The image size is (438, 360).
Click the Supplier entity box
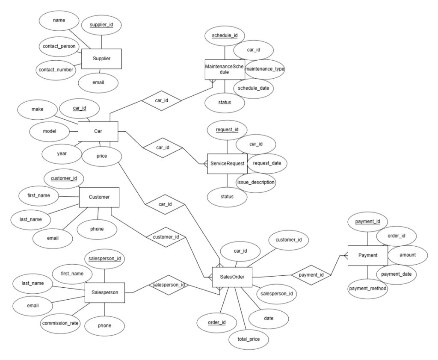click(x=101, y=59)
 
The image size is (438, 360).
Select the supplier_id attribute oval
click(x=101, y=26)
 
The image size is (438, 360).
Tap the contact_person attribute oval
click(x=59, y=46)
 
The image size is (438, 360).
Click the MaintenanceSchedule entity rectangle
click(x=225, y=69)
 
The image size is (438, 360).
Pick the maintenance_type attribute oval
click(x=265, y=68)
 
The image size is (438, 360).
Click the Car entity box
click(x=98, y=131)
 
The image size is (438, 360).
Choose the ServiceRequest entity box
click(x=227, y=163)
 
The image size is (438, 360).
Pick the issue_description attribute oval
click(x=256, y=182)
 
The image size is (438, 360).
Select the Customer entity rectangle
click(x=99, y=197)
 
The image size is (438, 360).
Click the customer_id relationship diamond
click(x=166, y=236)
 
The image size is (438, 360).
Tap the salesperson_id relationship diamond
click(x=169, y=284)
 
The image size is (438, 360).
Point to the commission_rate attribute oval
click(x=60, y=323)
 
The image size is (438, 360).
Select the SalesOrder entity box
click(x=232, y=277)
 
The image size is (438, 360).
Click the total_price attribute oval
click(x=248, y=340)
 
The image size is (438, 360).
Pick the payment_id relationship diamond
click(x=311, y=274)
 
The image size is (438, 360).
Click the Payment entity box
click(x=367, y=255)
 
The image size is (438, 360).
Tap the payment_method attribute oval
click(x=368, y=289)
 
